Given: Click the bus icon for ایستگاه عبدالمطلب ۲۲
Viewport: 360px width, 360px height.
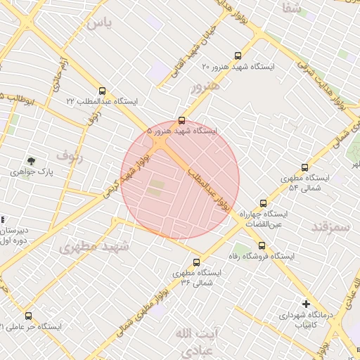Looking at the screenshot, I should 103,91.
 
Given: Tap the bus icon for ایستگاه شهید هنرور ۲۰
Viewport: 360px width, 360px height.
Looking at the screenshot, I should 238,55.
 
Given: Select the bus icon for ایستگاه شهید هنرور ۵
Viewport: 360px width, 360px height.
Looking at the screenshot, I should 182,120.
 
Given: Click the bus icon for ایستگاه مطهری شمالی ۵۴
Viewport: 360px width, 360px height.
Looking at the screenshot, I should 304,167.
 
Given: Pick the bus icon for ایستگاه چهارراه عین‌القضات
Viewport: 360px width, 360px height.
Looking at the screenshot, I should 263,202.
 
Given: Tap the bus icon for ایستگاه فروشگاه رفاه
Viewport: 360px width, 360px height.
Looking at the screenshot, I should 262,245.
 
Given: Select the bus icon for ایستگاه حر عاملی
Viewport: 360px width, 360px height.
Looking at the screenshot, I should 28,316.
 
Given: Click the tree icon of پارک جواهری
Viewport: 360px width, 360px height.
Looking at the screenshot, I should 30,161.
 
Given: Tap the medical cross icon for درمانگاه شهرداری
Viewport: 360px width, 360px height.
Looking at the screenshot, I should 304,304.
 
